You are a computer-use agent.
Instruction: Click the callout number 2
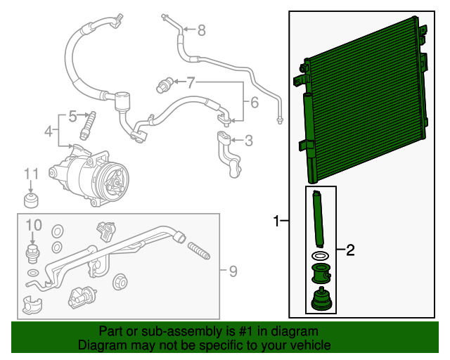(350, 249)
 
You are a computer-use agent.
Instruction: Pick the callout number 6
(254, 103)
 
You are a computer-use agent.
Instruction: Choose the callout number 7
(191, 82)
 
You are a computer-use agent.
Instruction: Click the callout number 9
(233, 270)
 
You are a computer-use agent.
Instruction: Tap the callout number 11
(31, 174)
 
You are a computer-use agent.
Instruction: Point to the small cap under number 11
(32, 202)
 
